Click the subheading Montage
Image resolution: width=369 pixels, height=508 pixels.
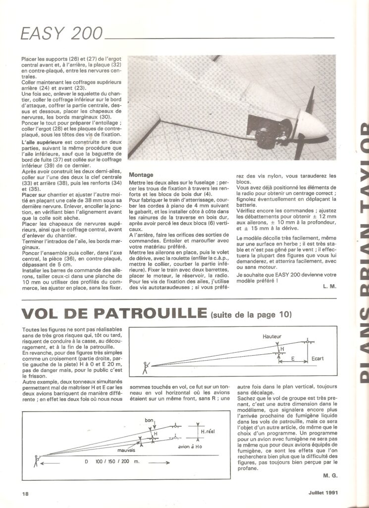click(142, 175)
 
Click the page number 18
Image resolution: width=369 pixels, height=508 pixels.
click(25, 493)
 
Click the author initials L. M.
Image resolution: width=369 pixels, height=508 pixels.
click(329, 287)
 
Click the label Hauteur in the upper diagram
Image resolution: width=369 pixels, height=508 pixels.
click(272, 336)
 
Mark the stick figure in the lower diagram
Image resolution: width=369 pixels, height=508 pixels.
click(35, 461)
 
